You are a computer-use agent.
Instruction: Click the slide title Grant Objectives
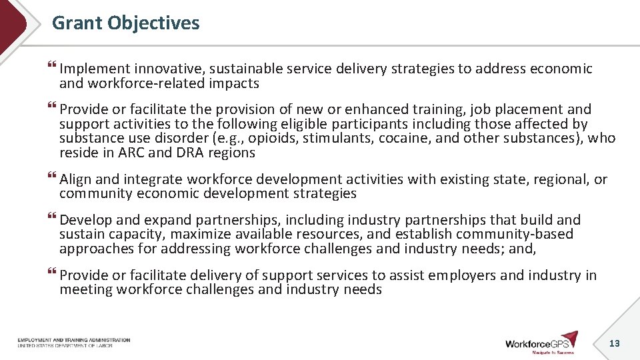click(125, 23)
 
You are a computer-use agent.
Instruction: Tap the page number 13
click(615, 343)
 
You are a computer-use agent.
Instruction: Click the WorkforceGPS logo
click(541, 342)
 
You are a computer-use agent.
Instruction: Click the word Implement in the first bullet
click(94, 69)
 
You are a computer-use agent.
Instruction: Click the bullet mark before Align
click(53, 179)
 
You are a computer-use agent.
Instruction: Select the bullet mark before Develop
click(53, 219)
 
